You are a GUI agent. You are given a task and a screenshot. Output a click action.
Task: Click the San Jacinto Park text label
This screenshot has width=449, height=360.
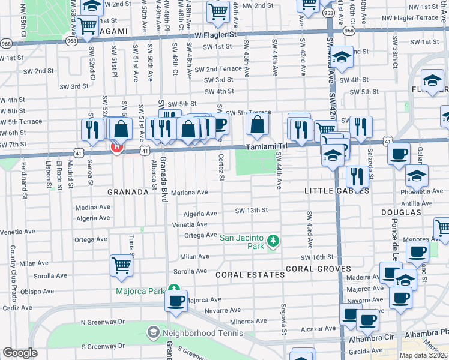coord(243,238)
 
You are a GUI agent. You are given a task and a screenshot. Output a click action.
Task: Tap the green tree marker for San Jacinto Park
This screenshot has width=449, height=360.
coord(274,241)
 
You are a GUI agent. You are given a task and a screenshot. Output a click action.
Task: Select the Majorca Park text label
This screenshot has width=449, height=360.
coord(140,292)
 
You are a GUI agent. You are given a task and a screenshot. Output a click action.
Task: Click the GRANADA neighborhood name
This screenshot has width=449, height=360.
coord(127,193)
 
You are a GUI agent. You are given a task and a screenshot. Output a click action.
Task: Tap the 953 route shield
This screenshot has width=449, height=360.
coord(328,11)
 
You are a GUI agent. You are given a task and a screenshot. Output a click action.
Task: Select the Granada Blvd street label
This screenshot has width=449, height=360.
coord(163,180)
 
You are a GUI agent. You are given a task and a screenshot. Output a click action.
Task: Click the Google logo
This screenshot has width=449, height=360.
coord(20,353)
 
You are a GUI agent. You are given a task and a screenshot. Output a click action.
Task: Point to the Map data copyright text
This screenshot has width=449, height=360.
coord(423,355)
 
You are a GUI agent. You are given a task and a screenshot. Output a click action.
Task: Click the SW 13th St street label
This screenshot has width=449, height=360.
coord(251,211)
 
